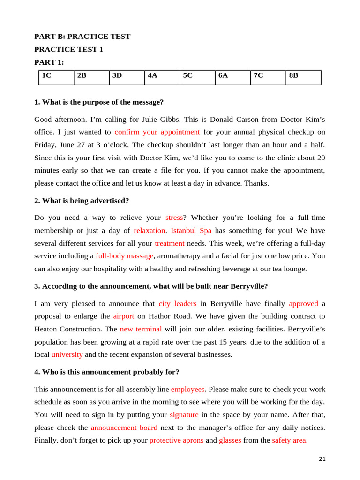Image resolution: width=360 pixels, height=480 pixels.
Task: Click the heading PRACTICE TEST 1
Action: (x=69, y=49)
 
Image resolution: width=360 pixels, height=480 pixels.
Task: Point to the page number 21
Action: (x=322, y=459)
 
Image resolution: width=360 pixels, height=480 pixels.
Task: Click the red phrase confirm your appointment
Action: (x=157, y=132)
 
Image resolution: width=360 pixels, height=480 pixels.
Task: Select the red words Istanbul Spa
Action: (x=191, y=231)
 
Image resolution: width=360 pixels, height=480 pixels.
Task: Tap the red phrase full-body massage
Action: (x=125, y=256)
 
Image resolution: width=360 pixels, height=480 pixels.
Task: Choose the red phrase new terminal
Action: (x=141, y=329)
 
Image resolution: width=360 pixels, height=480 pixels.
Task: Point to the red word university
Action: (x=67, y=354)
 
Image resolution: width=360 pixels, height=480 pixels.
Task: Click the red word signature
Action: (x=184, y=415)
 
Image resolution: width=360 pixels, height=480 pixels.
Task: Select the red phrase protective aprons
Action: (x=177, y=440)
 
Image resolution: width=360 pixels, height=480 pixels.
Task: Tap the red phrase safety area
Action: (x=290, y=440)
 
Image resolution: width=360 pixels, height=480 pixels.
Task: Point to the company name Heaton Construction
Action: (x=68, y=329)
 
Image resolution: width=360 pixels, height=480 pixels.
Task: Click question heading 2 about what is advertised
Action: (x=82, y=201)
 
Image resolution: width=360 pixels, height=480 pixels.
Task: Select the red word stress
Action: (x=174, y=217)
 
